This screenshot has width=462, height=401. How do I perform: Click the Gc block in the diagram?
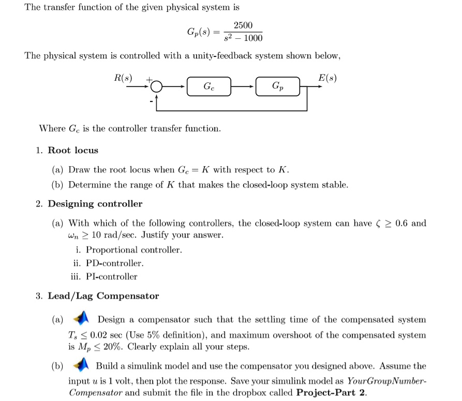207,86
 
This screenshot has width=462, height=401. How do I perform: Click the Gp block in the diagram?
277,86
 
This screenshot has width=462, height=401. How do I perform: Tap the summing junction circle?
157,86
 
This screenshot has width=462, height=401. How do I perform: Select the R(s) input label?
123,78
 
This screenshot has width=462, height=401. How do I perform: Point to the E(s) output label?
327,78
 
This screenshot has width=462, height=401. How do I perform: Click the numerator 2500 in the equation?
243,26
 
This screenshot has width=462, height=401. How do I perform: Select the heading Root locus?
73,151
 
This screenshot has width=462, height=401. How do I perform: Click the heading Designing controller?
95,204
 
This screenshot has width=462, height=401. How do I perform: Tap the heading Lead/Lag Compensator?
103,296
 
